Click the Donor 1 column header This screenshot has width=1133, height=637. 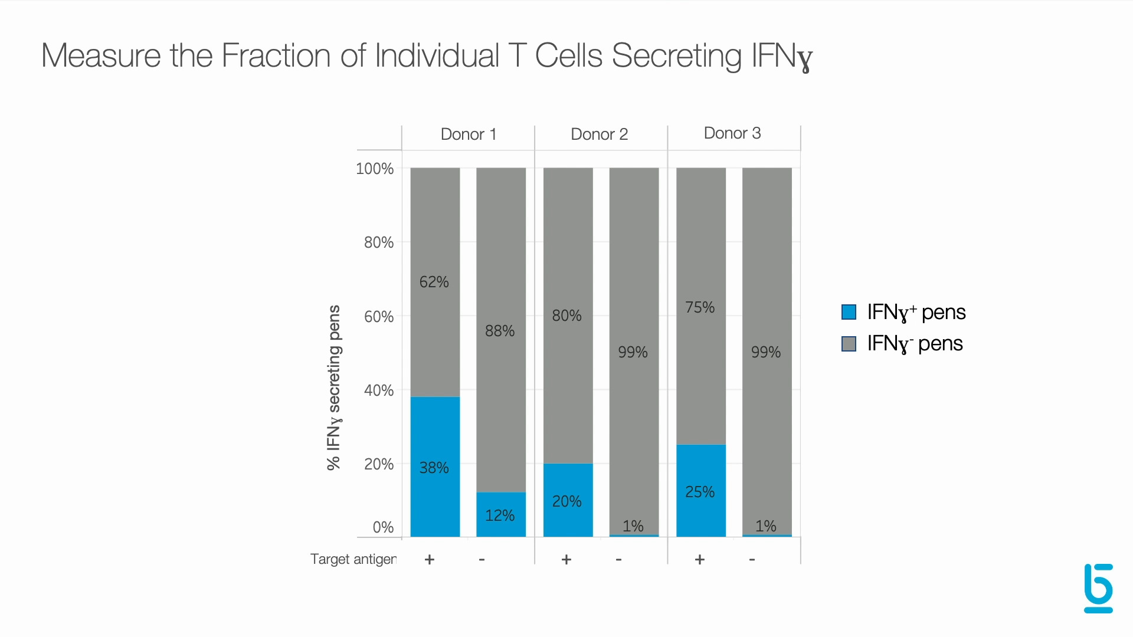(x=469, y=134)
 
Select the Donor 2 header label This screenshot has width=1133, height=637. (x=599, y=134)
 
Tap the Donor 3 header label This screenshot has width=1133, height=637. (x=732, y=133)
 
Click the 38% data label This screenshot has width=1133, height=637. (x=434, y=468)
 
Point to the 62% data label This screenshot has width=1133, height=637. (x=434, y=282)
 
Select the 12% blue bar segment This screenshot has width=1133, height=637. (x=501, y=514)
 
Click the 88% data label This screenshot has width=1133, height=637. (x=500, y=331)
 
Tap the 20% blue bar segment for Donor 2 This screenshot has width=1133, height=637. (x=568, y=500)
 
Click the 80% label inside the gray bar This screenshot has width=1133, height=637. (x=566, y=316)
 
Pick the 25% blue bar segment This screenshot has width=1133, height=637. (x=700, y=490)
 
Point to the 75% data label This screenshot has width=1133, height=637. (x=700, y=307)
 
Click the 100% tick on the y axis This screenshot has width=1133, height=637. (x=375, y=169)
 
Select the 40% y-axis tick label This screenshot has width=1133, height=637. (x=378, y=390)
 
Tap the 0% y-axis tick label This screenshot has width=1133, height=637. (x=383, y=527)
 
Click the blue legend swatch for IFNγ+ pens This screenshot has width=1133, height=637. (x=849, y=312)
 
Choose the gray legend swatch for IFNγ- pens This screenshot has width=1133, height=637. (x=849, y=344)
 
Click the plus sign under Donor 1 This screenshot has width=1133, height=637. (x=430, y=559)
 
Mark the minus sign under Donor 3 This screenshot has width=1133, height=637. (x=752, y=559)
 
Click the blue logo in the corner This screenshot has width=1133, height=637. (x=1098, y=588)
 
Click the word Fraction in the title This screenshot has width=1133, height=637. (x=276, y=55)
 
